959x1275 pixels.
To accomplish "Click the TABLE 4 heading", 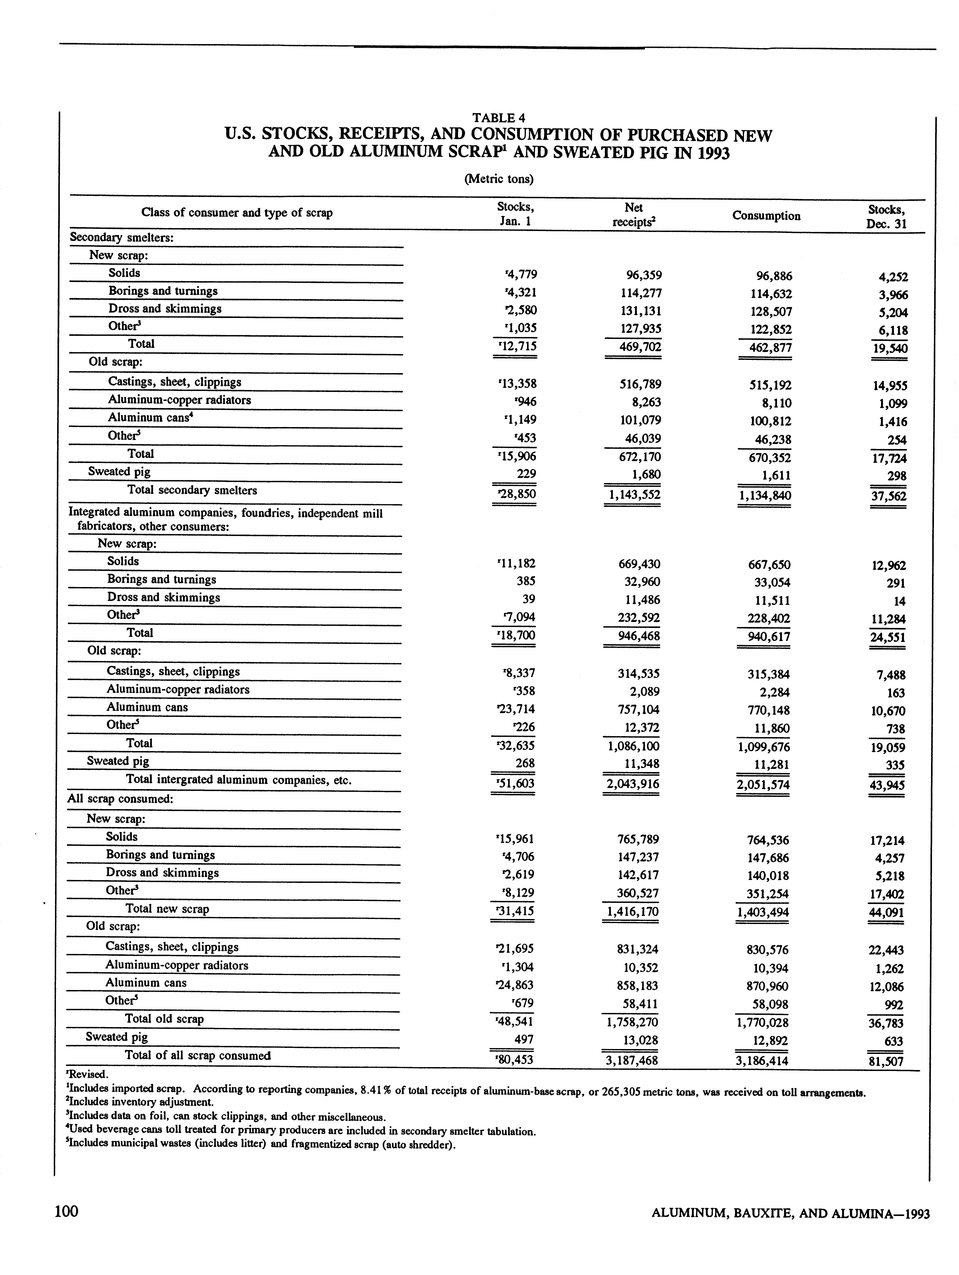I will coord(498,118).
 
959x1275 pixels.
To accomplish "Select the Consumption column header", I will coord(766,216).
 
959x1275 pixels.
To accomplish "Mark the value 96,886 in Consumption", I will coord(770,276).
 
